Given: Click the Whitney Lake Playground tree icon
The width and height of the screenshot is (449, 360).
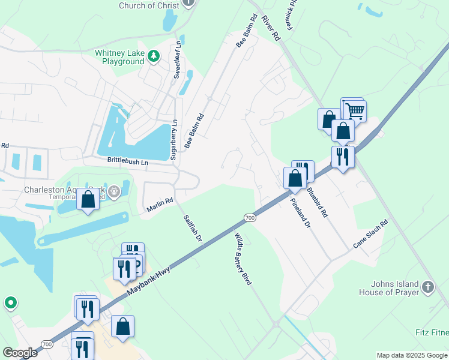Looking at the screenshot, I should (x=154, y=56).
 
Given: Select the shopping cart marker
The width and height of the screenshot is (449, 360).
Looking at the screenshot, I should (x=355, y=110).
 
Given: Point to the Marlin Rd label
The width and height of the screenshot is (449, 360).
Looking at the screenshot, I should (x=160, y=205).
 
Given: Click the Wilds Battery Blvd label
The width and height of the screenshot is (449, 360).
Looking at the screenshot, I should (x=243, y=259).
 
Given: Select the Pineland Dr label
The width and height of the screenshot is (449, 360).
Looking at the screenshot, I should (x=301, y=215).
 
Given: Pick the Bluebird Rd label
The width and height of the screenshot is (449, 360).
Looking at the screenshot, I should (x=317, y=202).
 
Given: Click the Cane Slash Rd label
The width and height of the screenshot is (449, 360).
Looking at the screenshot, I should (x=370, y=234).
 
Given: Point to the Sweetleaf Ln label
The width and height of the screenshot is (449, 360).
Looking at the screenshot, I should (x=176, y=61).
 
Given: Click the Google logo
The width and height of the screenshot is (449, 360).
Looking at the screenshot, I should (x=20, y=353).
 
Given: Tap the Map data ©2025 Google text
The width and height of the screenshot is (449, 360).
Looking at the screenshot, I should (x=412, y=355).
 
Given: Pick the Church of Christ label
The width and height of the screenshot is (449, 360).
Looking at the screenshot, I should (x=149, y=5).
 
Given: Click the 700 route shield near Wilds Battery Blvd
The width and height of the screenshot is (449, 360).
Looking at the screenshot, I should (x=250, y=217).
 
